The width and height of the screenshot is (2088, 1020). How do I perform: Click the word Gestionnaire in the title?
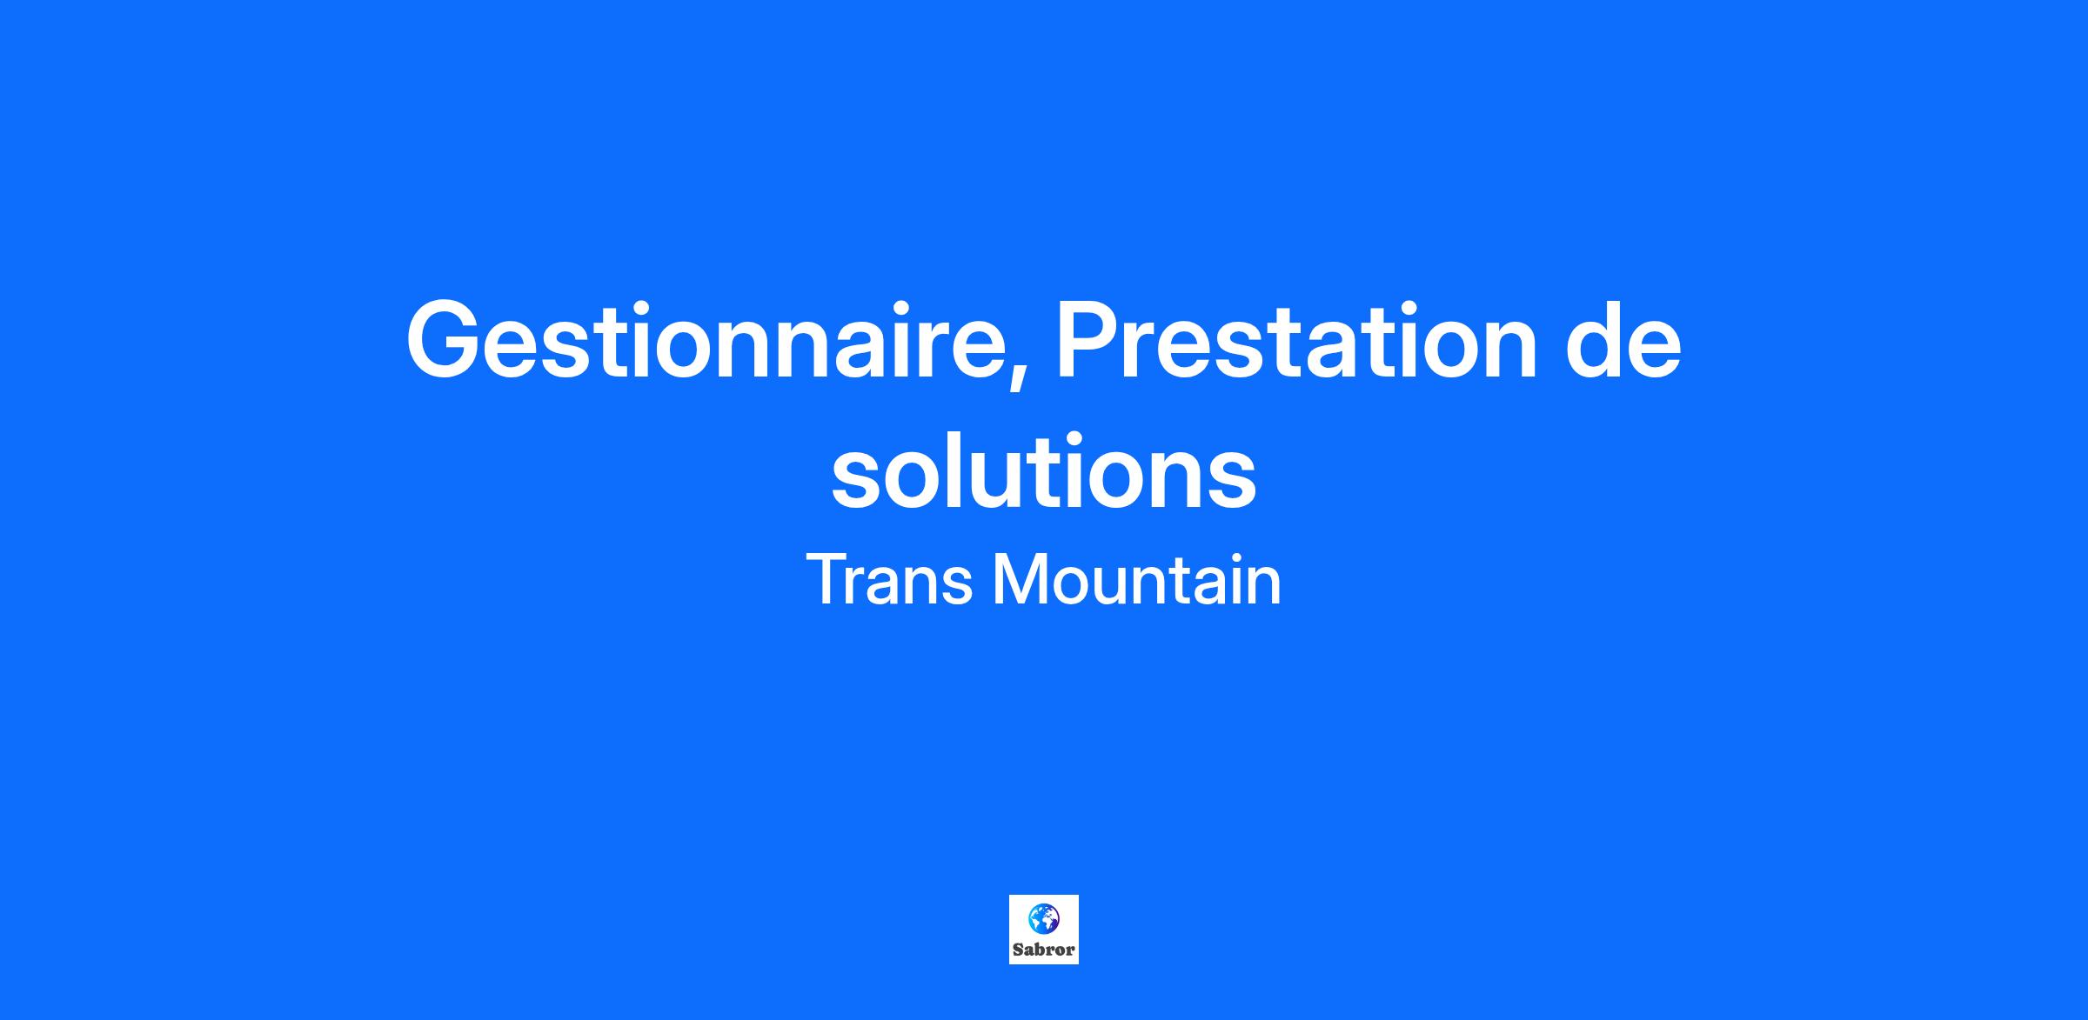pyautogui.click(x=710, y=340)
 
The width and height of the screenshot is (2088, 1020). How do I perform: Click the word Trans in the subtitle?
pyautogui.click(x=888, y=579)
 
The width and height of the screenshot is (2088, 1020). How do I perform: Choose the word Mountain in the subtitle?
pyautogui.click(x=1137, y=579)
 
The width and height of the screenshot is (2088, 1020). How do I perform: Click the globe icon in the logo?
pyautogui.click(x=1043, y=918)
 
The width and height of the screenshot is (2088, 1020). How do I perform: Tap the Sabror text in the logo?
pyautogui.click(x=1043, y=950)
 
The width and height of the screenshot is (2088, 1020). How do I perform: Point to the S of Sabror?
pyautogui.click(x=1018, y=950)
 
